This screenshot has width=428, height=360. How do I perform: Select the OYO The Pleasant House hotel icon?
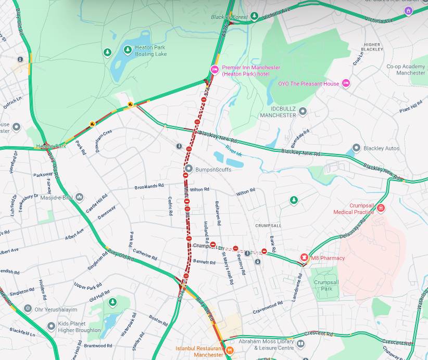coord(346,83)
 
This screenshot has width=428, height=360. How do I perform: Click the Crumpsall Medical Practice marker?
coord(381,208)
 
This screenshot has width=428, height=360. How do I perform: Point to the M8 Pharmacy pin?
coord(304,258)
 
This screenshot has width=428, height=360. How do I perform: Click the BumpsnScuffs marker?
coord(189,169)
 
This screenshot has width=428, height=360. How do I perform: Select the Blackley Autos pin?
coord(356,148)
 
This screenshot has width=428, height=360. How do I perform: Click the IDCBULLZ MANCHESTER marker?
coord(303,111)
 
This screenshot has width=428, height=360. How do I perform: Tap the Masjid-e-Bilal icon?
coord(79,197)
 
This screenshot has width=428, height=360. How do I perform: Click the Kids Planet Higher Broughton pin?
coord(51,327)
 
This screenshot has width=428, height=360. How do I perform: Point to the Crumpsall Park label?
coord(326,285)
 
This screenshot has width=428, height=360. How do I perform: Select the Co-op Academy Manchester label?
coord(406,70)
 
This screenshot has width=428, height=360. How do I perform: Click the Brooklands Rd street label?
coord(149,186)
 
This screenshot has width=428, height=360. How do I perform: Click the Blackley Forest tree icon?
coord(254,16)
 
